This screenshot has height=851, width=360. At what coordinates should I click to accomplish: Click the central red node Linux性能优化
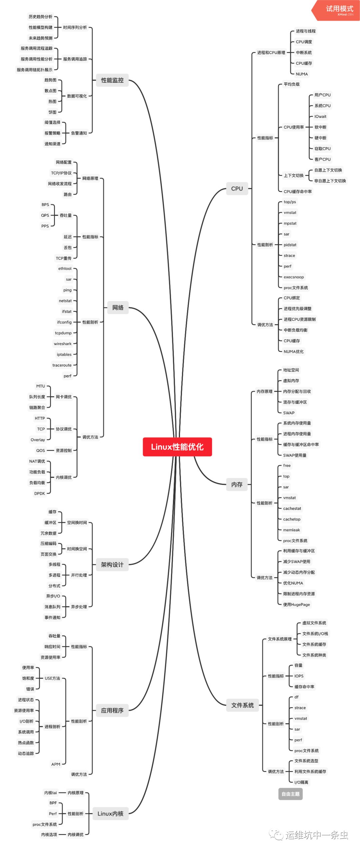click(177, 447)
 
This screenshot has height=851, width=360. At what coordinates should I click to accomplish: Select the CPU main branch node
click(237, 189)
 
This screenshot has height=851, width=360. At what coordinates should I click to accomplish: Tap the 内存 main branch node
click(237, 485)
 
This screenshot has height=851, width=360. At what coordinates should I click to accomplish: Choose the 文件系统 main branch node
click(242, 705)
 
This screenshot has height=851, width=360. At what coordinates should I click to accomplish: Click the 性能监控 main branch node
click(112, 80)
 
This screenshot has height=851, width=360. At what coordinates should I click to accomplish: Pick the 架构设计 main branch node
click(112, 565)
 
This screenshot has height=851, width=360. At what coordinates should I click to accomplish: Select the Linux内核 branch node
click(110, 814)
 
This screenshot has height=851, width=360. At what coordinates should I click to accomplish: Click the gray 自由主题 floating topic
click(290, 794)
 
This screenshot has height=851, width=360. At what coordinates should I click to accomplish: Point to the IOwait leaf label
click(320, 116)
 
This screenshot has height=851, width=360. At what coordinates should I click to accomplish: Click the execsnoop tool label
click(294, 277)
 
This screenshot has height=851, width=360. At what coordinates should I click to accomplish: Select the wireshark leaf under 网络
click(63, 344)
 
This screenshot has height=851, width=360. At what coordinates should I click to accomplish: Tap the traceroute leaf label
click(62, 365)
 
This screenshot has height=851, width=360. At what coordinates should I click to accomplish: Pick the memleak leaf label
click(291, 530)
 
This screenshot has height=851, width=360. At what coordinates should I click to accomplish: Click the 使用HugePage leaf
click(296, 605)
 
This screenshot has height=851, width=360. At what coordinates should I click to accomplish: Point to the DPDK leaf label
click(40, 494)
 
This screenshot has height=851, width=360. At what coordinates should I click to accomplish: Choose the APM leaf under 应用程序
click(56, 764)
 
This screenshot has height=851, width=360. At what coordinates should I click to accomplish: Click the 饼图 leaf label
click(53, 112)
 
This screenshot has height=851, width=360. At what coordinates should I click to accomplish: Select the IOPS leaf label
click(299, 676)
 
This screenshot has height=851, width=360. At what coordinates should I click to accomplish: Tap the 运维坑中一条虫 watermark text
click(316, 835)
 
